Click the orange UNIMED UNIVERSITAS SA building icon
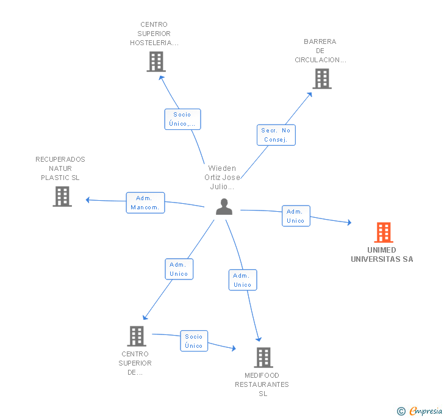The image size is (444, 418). click(x=384, y=232)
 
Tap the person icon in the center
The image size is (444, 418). click(x=224, y=207)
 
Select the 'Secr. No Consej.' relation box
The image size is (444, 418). click(x=276, y=135)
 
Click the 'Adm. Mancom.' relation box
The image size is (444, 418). click(x=145, y=203)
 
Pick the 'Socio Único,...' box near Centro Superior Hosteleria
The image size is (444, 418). click(x=182, y=120)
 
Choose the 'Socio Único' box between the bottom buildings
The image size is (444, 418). click(x=194, y=341)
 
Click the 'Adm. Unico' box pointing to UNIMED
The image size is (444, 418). click(x=296, y=216)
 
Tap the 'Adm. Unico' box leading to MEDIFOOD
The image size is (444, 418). click(x=243, y=280)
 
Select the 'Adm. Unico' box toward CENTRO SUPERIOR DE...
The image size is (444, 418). click(x=179, y=269)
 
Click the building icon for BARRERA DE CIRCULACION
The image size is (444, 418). click(x=322, y=79)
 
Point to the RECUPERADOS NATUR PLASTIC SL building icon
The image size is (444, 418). click(x=62, y=196)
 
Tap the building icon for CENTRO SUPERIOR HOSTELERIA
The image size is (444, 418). click(x=156, y=62)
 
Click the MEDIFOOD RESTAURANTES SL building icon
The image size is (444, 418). click(x=263, y=358)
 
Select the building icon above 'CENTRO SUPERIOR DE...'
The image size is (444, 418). click(x=137, y=336)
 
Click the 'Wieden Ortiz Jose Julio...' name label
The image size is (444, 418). click(x=222, y=178)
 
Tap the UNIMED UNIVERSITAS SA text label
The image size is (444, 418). click(x=382, y=254)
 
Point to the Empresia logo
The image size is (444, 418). click(x=420, y=411)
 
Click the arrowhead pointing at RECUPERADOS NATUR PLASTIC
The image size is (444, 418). click(x=87, y=200)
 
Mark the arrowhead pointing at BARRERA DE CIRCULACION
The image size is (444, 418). click(x=310, y=95)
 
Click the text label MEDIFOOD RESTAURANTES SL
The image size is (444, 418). click(x=262, y=384)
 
